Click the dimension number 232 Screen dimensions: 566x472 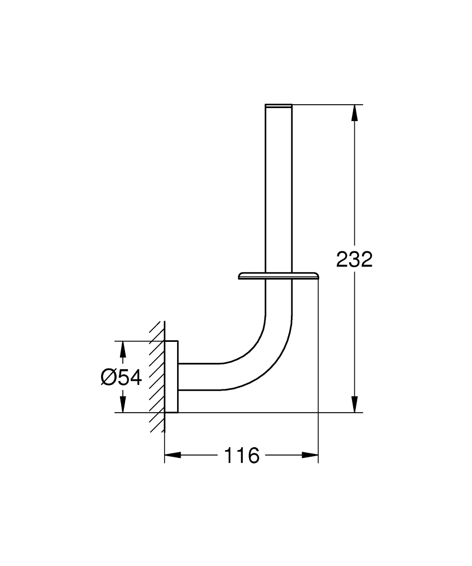354,260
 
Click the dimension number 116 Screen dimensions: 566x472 242,455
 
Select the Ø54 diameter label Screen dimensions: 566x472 121,377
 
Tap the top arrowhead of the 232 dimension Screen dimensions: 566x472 354,113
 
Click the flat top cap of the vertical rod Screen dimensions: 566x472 278,105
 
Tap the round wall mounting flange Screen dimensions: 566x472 171,377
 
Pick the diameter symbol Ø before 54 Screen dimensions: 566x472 108,377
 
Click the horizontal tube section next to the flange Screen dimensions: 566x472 198,376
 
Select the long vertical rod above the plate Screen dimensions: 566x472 278,187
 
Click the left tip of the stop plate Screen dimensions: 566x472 241,276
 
